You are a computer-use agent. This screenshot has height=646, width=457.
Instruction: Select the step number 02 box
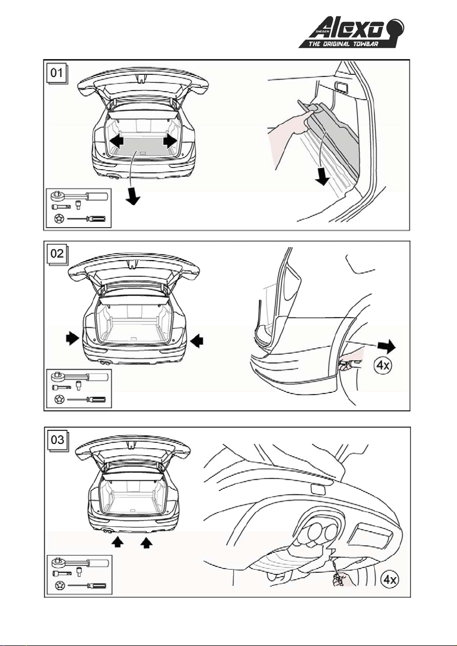(x=56, y=253)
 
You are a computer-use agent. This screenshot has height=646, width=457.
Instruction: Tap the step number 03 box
(x=56, y=439)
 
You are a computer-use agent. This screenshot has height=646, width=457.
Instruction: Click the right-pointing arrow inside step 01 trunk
(x=170, y=140)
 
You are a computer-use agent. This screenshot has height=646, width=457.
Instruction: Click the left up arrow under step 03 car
(x=116, y=542)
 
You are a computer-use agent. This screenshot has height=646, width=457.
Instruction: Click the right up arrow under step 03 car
(x=146, y=542)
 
